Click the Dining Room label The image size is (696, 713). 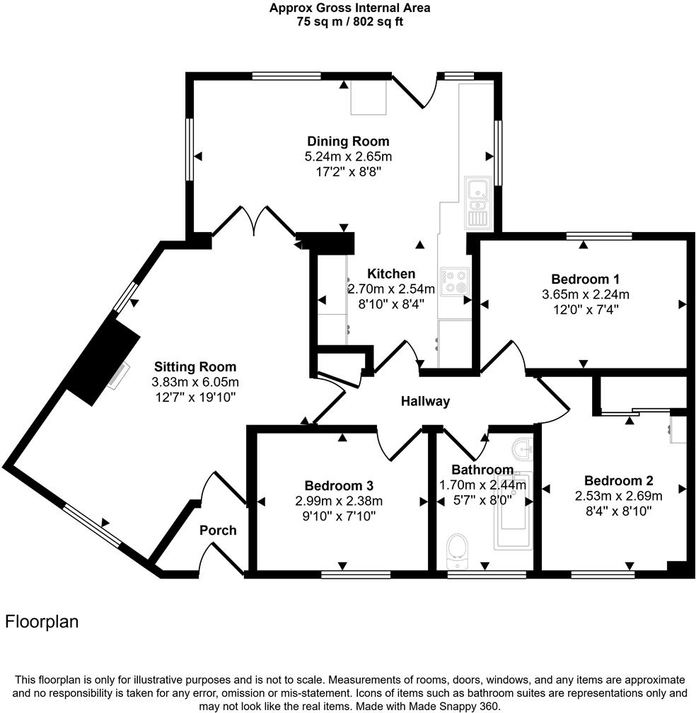(x=348, y=141)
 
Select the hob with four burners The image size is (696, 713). (x=453, y=281)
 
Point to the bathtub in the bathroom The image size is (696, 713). (x=514, y=510)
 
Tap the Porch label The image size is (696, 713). (x=218, y=531)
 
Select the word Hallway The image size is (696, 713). (x=425, y=402)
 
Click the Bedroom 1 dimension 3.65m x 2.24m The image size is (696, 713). (x=584, y=294)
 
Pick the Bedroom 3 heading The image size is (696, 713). (x=339, y=486)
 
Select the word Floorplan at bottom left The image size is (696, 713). (x=42, y=622)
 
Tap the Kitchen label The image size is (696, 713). (x=391, y=274)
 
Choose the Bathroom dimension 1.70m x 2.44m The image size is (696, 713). (x=483, y=485)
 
